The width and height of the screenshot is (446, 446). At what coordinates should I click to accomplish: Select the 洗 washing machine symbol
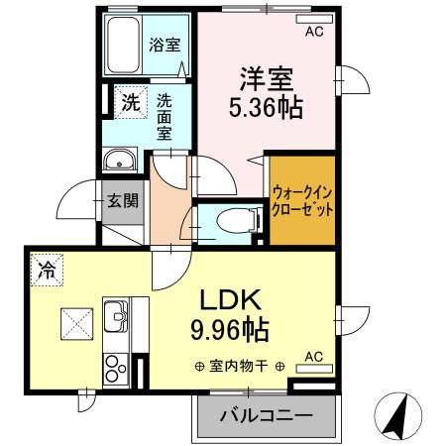click(130, 99)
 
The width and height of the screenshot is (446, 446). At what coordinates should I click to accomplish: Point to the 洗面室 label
click(165, 116)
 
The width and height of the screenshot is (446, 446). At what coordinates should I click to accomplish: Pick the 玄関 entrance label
click(123, 199)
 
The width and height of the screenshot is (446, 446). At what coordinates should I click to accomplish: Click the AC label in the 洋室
click(313, 32)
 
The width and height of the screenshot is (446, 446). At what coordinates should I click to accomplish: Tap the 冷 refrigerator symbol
click(47, 267)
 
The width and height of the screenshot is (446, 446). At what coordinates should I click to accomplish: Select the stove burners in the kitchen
click(113, 367)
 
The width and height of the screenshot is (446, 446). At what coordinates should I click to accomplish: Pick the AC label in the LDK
click(312, 356)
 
